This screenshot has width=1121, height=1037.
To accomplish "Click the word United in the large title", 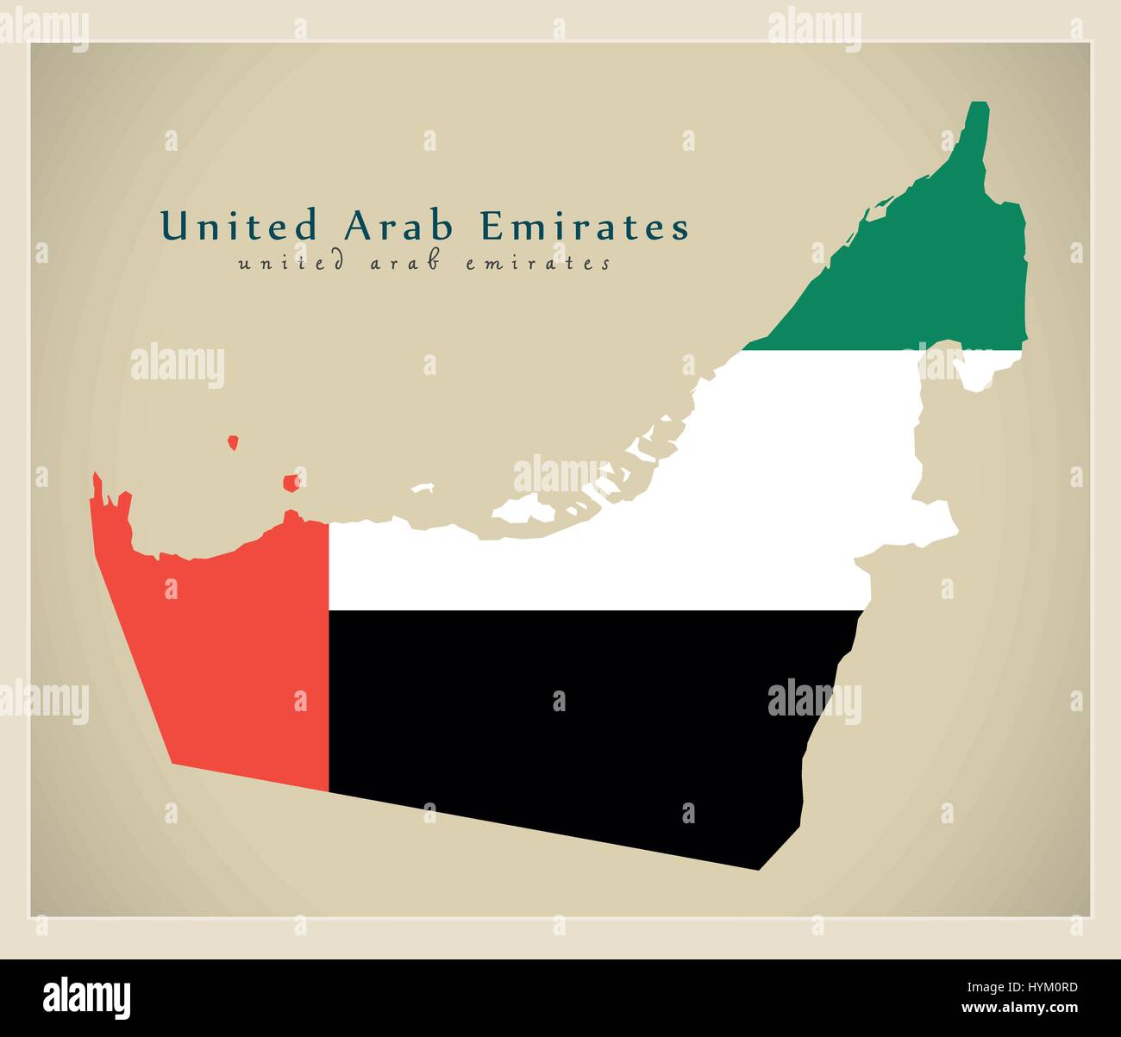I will (239, 226).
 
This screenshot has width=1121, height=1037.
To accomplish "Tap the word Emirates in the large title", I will (584, 226).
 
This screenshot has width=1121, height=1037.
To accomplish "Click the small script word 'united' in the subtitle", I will (291, 263).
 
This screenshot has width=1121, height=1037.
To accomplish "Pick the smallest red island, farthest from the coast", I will (233, 443).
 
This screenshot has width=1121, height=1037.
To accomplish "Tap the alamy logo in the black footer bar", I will (87, 996).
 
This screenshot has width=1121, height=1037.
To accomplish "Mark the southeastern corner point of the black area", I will (758, 869).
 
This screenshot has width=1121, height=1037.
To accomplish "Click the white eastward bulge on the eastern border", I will (940, 517).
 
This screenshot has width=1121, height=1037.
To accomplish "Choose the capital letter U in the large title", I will (174, 226).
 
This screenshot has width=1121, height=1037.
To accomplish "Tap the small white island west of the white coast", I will (423, 488).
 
